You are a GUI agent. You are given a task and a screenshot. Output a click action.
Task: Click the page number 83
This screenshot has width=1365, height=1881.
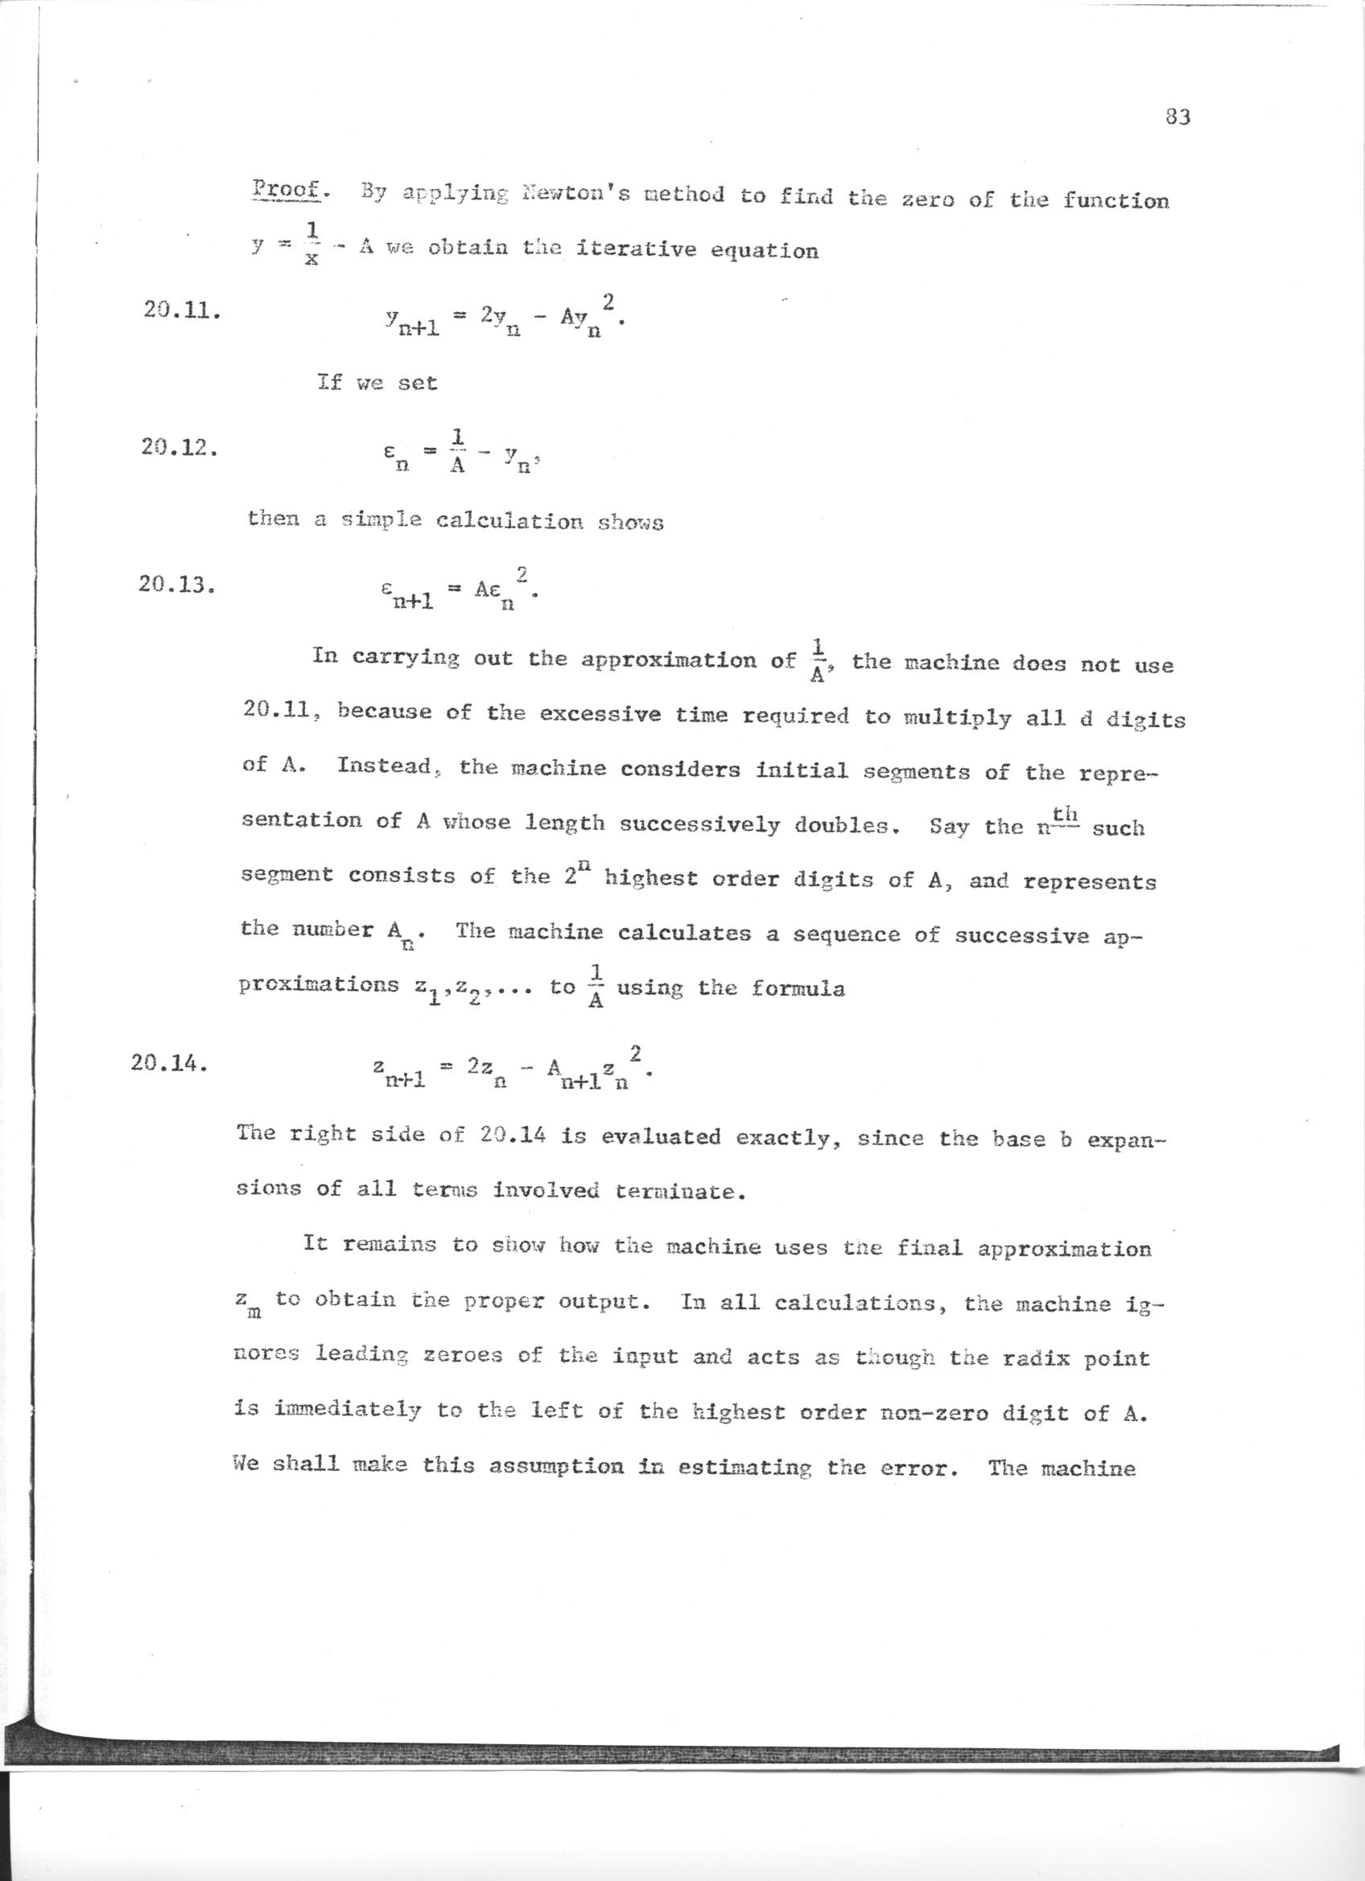[1177, 117]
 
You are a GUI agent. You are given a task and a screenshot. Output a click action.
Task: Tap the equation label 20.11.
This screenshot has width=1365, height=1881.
[181, 313]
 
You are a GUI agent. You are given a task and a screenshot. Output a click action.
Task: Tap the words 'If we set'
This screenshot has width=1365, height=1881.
[377, 383]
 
